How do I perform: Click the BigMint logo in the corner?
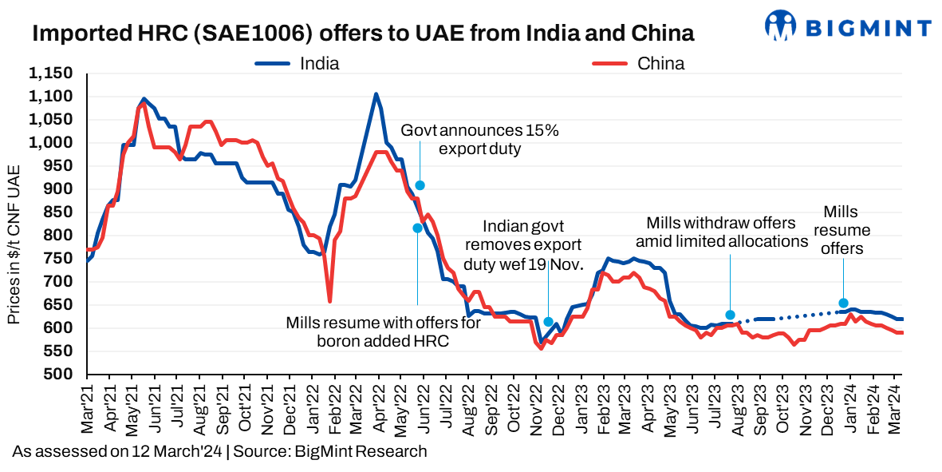849,26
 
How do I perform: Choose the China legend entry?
639,64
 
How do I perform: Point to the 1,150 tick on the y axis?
51,73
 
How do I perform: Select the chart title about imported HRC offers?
362,34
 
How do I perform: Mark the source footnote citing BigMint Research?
219,451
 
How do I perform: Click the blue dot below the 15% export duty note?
420,185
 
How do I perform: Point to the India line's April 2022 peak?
376,94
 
